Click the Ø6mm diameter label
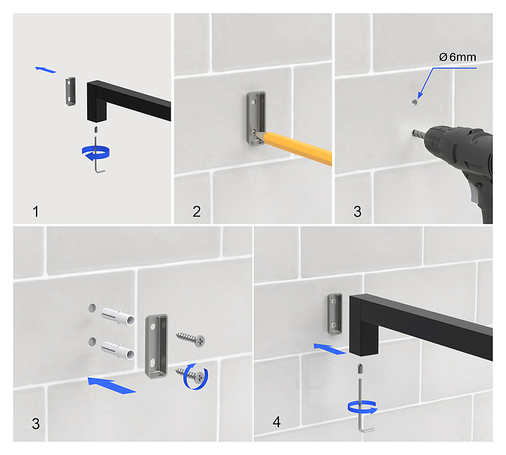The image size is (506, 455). tap(458, 57)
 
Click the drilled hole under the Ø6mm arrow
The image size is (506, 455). tap(415, 103)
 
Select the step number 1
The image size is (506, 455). tap(36, 212)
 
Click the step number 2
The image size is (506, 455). tap(197, 212)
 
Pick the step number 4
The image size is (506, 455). tap(277, 422)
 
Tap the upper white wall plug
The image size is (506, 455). tap(118, 316)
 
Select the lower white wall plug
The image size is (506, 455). tap(118, 351)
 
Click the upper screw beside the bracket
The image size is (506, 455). tap(190, 339)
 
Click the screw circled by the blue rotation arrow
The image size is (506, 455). tap(190, 376)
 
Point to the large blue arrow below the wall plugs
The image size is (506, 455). tap(112, 385)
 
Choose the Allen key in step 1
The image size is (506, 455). tap(98, 155)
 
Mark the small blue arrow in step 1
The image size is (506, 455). tap(46, 70)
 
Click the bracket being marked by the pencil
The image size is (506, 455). tap(257, 119)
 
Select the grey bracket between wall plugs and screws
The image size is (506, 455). tap(157, 346)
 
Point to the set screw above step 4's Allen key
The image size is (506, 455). tap(360, 368)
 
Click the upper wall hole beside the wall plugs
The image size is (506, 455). tap(92, 308)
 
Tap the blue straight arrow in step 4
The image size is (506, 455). tap(330, 349)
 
